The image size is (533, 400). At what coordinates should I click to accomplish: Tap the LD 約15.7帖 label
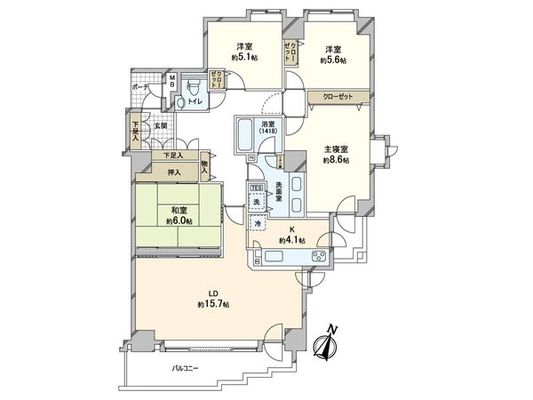213,299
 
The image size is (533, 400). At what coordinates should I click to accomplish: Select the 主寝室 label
336,150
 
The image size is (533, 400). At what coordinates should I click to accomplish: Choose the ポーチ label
140,87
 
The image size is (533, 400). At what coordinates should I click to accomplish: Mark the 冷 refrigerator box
257,226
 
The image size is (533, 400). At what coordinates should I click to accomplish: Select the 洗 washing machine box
256,204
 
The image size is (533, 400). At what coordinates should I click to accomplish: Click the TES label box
256,188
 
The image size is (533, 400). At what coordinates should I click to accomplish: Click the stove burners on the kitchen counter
318,258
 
